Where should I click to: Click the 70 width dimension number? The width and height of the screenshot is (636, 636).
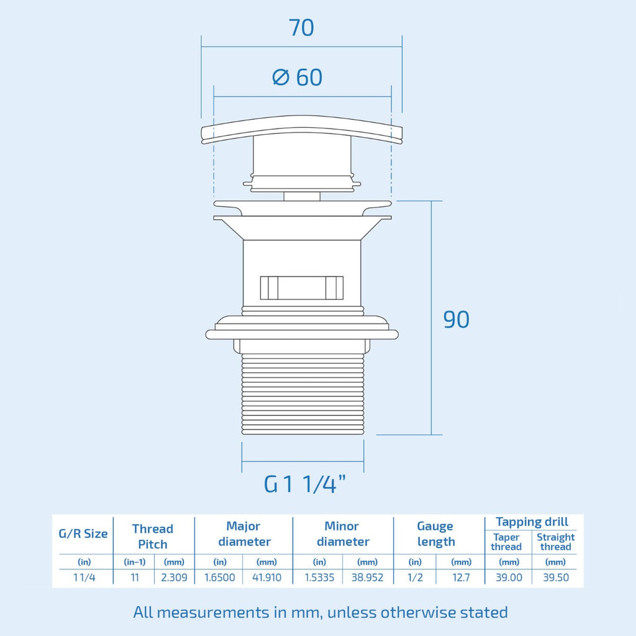(301, 27)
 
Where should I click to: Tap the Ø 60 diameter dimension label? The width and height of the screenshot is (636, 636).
(298, 77)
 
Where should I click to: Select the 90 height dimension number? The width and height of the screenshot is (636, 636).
(457, 320)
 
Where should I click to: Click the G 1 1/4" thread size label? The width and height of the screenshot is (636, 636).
(305, 483)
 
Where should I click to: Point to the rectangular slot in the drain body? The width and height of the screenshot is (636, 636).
(301, 288)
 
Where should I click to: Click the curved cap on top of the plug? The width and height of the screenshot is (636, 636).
(301, 129)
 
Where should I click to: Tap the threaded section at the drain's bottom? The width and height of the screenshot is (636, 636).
(302, 393)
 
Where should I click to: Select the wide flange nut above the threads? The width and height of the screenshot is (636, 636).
(302, 328)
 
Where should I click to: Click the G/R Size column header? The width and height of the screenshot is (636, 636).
(83, 534)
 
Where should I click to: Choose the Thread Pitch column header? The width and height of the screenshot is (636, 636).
(153, 536)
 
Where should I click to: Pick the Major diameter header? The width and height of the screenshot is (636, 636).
(243, 534)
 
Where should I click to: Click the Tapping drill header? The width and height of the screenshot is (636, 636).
(532, 522)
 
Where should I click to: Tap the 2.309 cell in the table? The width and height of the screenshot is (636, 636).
(174, 577)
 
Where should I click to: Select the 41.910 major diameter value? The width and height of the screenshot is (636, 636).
(266, 577)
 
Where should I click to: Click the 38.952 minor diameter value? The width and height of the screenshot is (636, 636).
(367, 577)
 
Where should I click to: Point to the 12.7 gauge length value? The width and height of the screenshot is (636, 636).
(461, 577)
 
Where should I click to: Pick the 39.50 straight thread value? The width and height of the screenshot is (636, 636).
(556, 577)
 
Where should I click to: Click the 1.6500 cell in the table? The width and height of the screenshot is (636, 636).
(219, 577)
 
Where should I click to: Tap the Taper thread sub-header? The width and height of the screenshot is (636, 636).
(506, 542)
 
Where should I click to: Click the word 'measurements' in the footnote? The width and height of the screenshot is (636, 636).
(213, 612)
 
